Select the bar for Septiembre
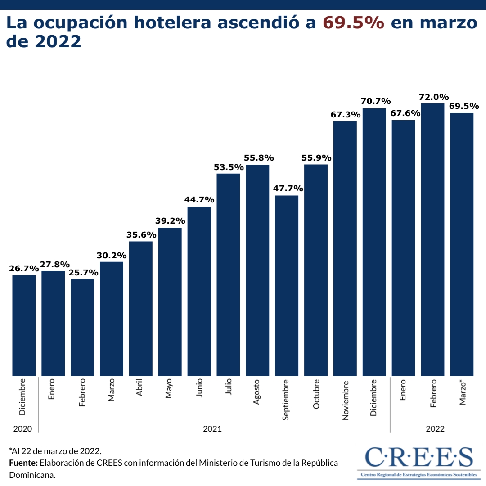coord(287,285)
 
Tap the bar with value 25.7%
coord(82,327)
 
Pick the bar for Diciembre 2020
coord(24,325)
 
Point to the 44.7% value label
coord(199,200)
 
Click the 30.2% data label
coord(112,255)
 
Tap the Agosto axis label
coord(256,392)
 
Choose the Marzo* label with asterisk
coord(463,392)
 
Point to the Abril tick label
coord(139,388)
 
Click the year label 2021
coord(212,429)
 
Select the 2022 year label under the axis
coord(435,429)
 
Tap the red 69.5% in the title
coord(354,23)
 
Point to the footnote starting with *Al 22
coord(55,451)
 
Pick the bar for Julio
coord(228,274)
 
